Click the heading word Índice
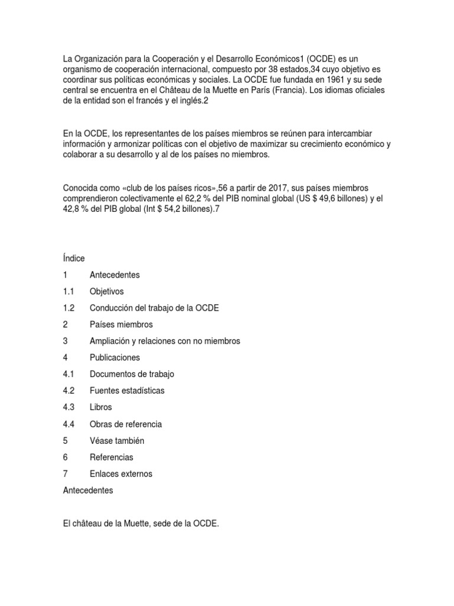pyautogui.click(x=74, y=259)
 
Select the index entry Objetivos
pyautogui.click(x=107, y=292)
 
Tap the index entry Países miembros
pyautogui.click(x=121, y=325)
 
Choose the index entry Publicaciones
pyautogui.click(x=115, y=358)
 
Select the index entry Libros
pyautogui.click(x=100, y=408)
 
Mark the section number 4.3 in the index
pyautogui.click(x=69, y=408)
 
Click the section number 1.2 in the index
pyautogui.click(x=69, y=308)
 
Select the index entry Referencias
pyautogui.click(x=111, y=457)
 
